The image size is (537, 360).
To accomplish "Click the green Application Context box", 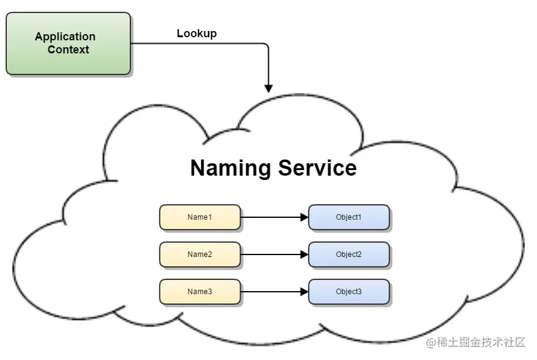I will point(68,43).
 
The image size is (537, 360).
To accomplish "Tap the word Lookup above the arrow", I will point(196,34).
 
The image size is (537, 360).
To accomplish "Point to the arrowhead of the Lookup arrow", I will point(268,88).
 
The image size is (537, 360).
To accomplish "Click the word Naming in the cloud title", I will point(230,168).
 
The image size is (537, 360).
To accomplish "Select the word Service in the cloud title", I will point(317,168).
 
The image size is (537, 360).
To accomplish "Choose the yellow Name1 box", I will point(200,217).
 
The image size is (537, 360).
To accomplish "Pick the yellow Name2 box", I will point(200,254).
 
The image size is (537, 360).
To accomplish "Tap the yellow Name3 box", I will point(200,292).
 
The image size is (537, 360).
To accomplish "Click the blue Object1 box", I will point(349,217).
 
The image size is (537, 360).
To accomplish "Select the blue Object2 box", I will point(349,254).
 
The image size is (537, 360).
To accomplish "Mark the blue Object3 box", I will point(349,292).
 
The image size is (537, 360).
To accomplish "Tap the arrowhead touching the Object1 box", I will point(304,217).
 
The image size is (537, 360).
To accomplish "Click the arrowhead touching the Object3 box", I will point(304,292).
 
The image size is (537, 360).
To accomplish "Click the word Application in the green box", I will point(65,37).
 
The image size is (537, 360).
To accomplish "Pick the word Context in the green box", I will point(68,50).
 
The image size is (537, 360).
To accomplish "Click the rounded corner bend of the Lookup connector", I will point(266,45).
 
